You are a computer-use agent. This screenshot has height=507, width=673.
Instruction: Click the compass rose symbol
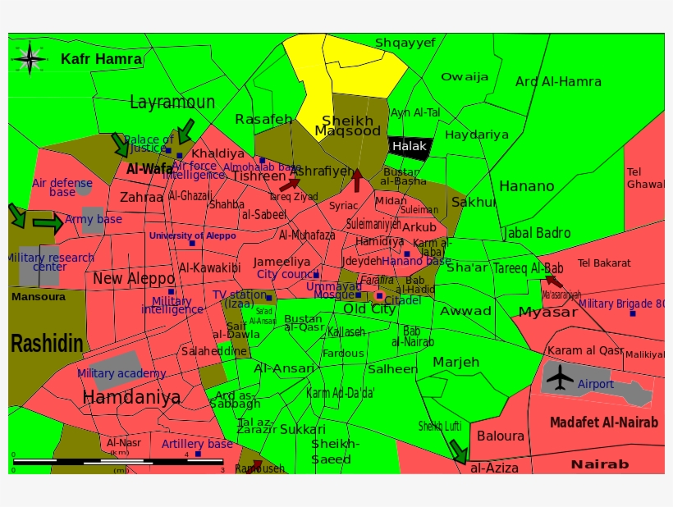click(30, 57)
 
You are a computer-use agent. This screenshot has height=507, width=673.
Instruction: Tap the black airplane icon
click(561, 377)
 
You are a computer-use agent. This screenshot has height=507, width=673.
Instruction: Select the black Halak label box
click(410, 146)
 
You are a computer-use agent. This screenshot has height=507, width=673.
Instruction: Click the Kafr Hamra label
click(101, 59)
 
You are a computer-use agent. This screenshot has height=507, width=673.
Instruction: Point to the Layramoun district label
click(172, 103)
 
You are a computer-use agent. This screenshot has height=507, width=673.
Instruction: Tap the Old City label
click(369, 309)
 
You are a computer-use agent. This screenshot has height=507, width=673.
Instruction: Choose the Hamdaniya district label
click(131, 398)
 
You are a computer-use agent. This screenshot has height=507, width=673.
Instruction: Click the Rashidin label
click(47, 343)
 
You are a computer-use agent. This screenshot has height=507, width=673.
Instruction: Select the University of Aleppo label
click(192, 235)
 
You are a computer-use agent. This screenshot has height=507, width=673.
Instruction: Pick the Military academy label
click(121, 373)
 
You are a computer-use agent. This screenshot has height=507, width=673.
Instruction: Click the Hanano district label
click(526, 186)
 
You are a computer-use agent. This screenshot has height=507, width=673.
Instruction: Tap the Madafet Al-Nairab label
click(603, 422)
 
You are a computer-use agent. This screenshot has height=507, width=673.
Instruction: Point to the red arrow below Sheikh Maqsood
click(356, 180)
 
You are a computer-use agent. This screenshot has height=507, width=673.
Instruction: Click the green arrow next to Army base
click(48, 222)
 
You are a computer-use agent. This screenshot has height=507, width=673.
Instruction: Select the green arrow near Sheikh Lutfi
click(457, 450)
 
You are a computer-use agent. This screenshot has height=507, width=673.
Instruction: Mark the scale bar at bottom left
click(118, 461)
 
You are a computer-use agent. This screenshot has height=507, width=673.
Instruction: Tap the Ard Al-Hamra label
click(558, 81)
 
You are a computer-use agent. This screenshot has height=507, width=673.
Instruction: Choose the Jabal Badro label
click(536, 233)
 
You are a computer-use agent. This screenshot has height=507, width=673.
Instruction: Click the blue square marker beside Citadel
click(379, 295)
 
